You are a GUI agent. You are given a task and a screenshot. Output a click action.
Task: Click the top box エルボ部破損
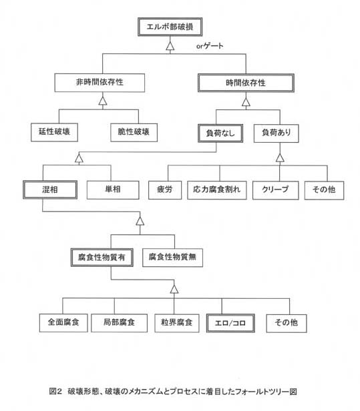[170, 27]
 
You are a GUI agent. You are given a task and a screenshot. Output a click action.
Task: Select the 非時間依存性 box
[100, 83]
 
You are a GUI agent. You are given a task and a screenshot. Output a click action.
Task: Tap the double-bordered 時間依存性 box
[246, 83]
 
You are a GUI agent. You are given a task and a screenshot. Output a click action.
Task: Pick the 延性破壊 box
[54, 132]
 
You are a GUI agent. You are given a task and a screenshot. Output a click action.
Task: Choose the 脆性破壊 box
[134, 133]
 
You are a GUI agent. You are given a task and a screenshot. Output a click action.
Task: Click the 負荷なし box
[220, 133]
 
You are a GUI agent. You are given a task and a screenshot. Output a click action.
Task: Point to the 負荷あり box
[276, 133]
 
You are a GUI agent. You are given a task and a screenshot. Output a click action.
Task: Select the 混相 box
[50, 189]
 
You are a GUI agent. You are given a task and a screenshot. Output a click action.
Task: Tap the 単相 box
[113, 190]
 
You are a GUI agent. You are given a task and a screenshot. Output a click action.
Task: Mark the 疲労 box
[165, 190]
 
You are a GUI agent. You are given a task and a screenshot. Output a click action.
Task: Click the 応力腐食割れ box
[217, 190]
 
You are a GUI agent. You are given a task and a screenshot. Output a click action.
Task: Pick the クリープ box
[275, 191]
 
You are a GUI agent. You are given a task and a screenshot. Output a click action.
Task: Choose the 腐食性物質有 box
[102, 258]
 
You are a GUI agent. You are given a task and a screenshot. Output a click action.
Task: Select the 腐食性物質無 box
[172, 258]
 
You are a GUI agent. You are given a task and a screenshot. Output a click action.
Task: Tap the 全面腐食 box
[63, 323]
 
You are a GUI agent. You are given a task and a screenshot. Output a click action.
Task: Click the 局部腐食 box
[119, 323]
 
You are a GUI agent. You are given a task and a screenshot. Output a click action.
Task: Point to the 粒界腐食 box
[177, 324]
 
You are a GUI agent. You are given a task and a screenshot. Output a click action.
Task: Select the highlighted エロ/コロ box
[230, 324]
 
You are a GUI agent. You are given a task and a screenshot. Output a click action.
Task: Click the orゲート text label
[210, 46]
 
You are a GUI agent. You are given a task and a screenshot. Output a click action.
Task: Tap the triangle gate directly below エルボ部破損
[170, 46]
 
